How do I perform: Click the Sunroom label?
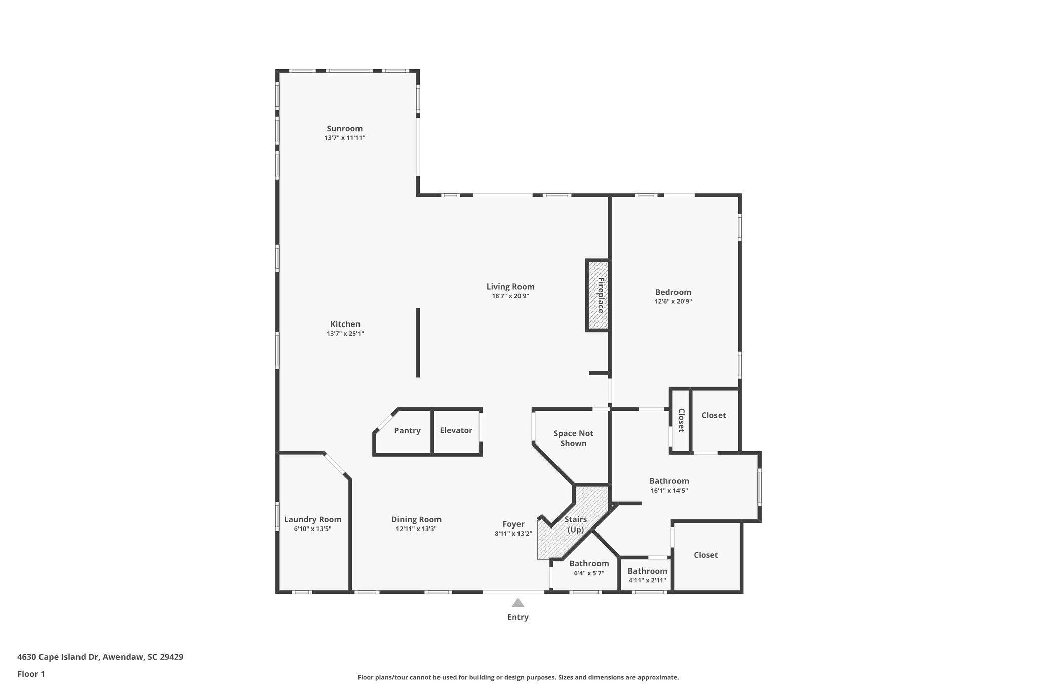click(x=344, y=129)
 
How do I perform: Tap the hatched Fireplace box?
click(x=598, y=295)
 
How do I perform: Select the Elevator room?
click(x=456, y=430)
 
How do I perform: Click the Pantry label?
click(x=407, y=431)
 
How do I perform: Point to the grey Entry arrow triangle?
click(x=517, y=603)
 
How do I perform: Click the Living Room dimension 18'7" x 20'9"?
click(x=510, y=296)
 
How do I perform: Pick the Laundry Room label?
click(x=312, y=519)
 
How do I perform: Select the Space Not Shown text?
click(x=573, y=438)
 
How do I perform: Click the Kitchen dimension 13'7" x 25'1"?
click(x=345, y=334)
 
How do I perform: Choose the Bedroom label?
click(x=673, y=292)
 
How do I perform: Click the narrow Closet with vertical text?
click(x=681, y=420)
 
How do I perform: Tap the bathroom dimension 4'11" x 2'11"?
click(x=647, y=580)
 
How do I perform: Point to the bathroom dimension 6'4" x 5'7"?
click(x=589, y=573)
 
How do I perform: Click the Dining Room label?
click(x=416, y=519)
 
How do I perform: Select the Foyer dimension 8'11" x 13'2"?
click(x=513, y=534)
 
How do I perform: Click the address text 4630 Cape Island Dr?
click(x=100, y=657)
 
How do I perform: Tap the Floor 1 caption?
click(x=31, y=674)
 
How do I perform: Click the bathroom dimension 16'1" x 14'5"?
click(x=669, y=491)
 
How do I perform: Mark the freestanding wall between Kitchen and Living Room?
click(x=418, y=342)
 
